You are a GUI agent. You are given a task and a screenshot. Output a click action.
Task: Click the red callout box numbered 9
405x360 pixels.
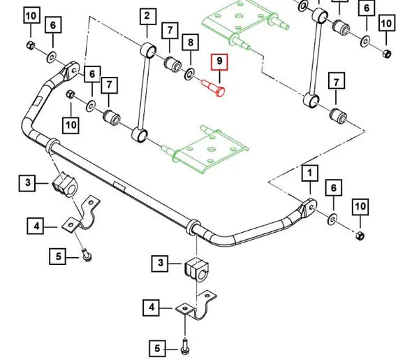[219, 62]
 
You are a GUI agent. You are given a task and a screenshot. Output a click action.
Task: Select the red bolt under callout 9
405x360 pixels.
[214, 87]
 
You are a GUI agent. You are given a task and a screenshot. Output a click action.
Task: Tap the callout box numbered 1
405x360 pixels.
[310, 173]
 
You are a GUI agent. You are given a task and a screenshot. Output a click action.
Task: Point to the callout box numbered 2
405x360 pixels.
[148, 16]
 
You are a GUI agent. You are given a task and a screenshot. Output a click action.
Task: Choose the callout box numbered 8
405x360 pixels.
[191, 42]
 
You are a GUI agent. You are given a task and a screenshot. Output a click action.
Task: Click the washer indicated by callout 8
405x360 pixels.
[190, 75]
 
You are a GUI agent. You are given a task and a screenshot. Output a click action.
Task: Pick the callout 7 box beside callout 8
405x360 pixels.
[170, 31]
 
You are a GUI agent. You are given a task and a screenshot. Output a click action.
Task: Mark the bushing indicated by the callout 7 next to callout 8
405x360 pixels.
[172, 64]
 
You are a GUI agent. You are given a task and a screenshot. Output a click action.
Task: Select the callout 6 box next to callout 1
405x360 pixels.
[334, 188]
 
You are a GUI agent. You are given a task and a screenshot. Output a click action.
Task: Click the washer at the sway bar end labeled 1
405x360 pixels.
[332, 219]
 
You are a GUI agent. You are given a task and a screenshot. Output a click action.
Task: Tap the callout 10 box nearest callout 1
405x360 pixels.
[360, 207]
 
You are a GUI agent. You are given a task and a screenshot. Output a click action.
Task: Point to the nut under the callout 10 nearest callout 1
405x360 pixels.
[360, 236]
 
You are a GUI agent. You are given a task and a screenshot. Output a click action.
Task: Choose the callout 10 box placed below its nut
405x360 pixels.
[71, 125]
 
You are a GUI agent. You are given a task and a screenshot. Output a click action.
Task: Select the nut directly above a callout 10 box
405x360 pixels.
[70, 94]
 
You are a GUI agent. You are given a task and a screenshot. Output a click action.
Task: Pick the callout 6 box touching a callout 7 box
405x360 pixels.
[92, 75]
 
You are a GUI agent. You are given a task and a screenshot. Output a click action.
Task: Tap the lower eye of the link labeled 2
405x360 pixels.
[140, 135]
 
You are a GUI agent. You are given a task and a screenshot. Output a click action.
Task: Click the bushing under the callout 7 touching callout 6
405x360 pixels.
[112, 117]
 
